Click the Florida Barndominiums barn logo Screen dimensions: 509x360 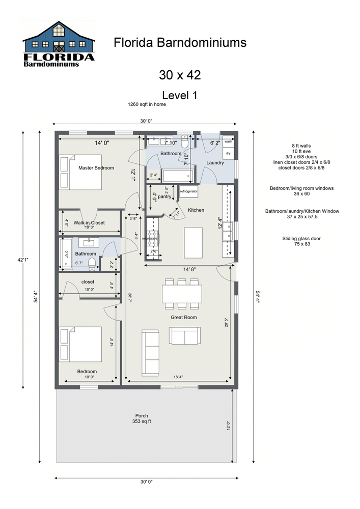59,44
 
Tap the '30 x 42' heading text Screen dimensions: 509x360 180,75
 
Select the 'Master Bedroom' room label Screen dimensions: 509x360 96,167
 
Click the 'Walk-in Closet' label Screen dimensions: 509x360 89,222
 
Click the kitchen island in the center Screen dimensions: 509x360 193,243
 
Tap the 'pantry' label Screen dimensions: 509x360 164,196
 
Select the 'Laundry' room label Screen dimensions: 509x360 215,163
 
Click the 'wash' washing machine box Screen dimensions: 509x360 228,142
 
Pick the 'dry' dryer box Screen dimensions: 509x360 228,153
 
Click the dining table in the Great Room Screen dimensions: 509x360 181,294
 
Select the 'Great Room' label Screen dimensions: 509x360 183,317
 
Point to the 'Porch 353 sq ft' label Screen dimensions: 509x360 142,418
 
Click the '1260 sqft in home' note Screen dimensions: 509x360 147,104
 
